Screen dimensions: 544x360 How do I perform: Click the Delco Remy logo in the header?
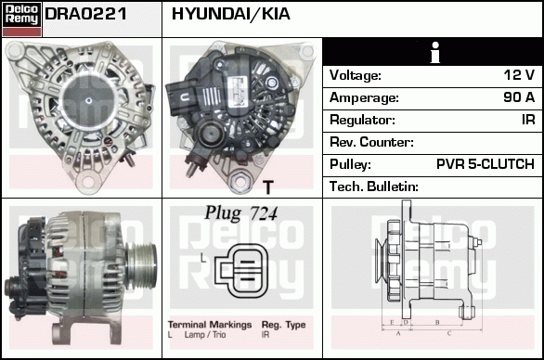21,19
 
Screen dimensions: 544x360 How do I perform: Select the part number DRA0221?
85,14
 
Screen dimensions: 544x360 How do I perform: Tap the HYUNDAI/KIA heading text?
231,14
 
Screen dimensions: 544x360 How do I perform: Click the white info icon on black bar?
434,53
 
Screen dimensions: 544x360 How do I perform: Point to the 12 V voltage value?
519,75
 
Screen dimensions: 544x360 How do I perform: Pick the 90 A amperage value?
519,97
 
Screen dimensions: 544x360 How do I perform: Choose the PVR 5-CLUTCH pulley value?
486,164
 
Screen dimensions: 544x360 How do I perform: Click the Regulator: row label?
362,120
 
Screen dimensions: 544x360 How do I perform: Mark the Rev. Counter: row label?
371,142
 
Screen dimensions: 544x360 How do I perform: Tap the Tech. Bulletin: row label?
374,186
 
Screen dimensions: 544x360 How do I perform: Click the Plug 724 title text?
241,213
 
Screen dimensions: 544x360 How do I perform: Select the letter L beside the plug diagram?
203,258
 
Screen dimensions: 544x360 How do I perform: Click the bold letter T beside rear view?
268,187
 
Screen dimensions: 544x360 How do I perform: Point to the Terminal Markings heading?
210,325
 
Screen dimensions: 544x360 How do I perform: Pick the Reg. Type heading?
283,325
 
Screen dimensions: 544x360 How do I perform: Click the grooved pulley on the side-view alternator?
142,265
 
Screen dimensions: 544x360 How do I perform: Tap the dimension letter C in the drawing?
449,333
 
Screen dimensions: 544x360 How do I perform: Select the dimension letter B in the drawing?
437,322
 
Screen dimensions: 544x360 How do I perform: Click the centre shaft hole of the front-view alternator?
89,100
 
